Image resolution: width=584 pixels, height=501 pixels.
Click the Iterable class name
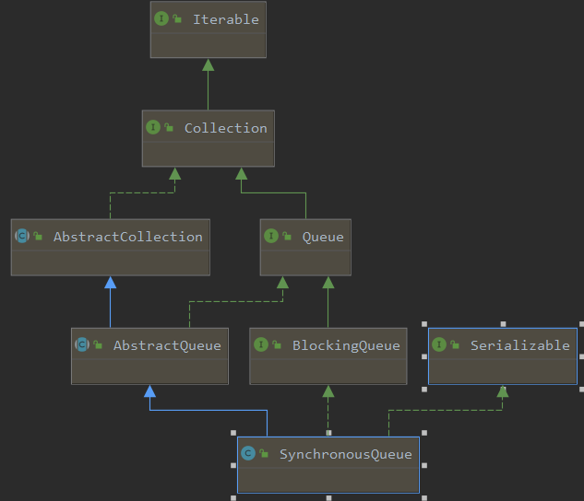click(226, 19)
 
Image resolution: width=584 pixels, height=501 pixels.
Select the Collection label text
click(226, 128)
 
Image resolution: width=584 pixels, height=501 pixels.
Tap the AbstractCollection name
click(127, 237)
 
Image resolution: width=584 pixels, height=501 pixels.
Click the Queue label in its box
click(323, 237)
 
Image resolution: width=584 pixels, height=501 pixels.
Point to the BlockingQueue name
click(346, 345)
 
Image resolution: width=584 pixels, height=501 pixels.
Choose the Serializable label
click(519, 345)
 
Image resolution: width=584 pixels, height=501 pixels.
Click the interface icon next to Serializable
click(439, 344)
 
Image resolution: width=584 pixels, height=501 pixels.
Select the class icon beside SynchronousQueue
click(247, 453)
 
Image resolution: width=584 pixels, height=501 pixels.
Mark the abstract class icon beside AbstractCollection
click(22, 236)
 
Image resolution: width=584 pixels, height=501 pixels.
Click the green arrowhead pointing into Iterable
click(208, 64)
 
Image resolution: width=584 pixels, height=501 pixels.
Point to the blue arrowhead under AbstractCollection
click(110, 282)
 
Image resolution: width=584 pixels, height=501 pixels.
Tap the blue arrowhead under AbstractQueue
click(149, 390)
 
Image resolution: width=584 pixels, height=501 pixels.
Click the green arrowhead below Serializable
click(502, 391)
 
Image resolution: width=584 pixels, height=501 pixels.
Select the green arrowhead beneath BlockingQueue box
click(328, 390)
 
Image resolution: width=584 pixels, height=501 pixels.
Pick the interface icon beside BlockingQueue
click(261, 344)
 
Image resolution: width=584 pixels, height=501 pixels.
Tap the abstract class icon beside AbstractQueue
click(82, 344)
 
